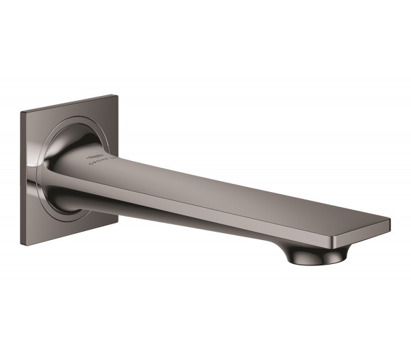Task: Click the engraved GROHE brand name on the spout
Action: tap(100, 164)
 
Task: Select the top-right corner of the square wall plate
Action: tap(115, 95)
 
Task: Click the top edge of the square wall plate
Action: tap(68, 102)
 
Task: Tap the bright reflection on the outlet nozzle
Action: tap(327, 255)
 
